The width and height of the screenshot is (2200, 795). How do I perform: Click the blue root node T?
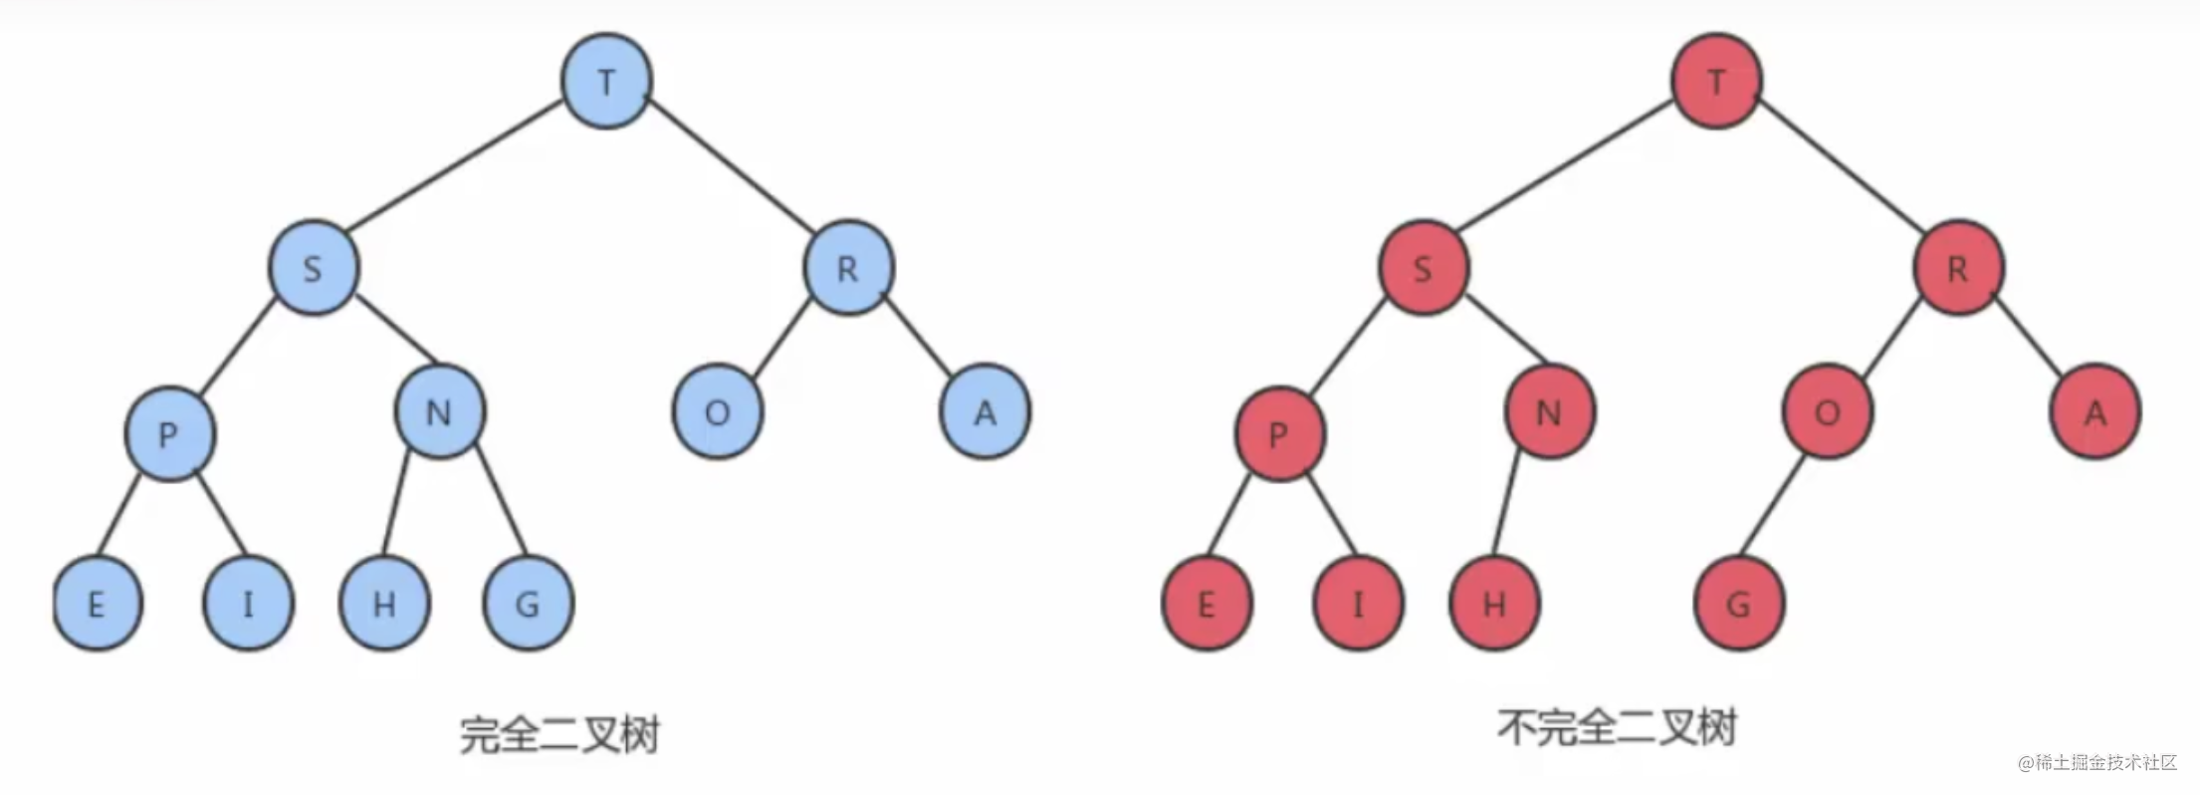pyautogui.click(x=606, y=82)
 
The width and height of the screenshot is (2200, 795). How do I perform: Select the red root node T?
pyautogui.click(x=1716, y=82)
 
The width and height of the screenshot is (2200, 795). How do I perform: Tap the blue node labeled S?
pyautogui.click(x=313, y=269)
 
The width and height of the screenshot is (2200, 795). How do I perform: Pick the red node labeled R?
pyautogui.click(x=1958, y=269)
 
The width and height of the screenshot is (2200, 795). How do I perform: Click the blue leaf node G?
pyautogui.click(x=528, y=604)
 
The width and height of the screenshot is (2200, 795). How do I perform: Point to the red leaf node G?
pyautogui.click(x=1739, y=604)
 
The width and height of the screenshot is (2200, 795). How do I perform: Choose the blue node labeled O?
pyautogui.click(x=718, y=412)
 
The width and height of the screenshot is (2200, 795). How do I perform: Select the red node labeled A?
pyautogui.click(x=2095, y=412)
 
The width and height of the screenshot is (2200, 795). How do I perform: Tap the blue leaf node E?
pyautogui.click(x=97, y=604)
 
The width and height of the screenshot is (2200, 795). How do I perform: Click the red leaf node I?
pyautogui.click(x=1358, y=604)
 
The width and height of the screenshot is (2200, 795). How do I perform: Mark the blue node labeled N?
pyautogui.click(x=440, y=412)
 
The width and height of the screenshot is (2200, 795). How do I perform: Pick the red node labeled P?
pyautogui.click(x=1279, y=434)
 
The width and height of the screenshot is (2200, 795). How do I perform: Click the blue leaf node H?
pyautogui.click(x=384, y=604)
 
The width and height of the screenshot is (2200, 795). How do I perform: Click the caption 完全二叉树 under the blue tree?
pyautogui.click(x=559, y=735)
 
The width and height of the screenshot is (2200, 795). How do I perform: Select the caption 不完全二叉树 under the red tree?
pyautogui.click(x=1617, y=728)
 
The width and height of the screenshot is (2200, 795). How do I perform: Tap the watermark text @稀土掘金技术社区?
pyautogui.click(x=2097, y=763)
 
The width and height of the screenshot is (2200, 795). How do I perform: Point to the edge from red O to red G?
pyautogui.click(x=1772, y=508)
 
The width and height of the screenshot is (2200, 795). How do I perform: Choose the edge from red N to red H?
pyautogui.click(x=1508, y=506)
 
